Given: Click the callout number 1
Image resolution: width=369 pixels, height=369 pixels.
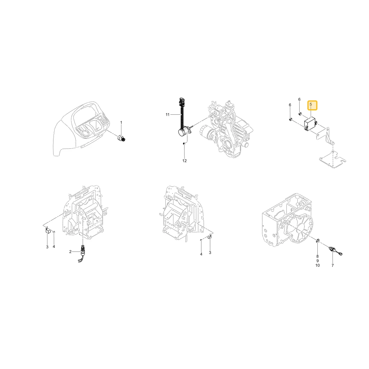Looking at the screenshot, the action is [x=121, y=123].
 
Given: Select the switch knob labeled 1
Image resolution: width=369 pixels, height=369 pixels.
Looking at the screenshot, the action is [x=121, y=138].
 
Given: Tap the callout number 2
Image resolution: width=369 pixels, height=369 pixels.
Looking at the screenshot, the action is [x=70, y=252].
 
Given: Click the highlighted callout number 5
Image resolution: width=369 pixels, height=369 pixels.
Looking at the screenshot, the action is [x=311, y=104].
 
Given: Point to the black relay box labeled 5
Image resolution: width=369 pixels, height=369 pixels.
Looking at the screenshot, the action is [x=311, y=124].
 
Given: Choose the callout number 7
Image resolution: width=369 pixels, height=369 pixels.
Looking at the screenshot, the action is [x=332, y=265].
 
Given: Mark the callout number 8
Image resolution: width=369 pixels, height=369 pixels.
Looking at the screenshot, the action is [x=317, y=256].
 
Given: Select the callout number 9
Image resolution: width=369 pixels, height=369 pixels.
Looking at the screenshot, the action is [x=317, y=261].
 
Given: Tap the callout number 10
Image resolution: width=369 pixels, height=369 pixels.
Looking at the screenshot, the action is [x=317, y=265].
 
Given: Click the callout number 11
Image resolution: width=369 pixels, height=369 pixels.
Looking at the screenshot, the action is [x=168, y=115].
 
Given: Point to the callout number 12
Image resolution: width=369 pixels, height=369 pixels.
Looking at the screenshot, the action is [x=184, y=161].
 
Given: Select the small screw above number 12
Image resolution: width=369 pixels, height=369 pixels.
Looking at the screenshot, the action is [x=184, y=143].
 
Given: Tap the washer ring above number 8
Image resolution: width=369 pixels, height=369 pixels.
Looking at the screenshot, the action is [x=317, y=241].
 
